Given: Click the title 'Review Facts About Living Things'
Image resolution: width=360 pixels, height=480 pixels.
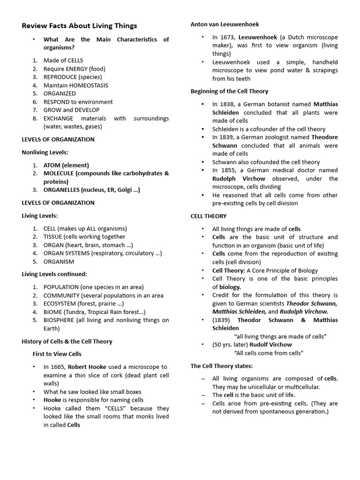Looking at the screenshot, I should (79, 26).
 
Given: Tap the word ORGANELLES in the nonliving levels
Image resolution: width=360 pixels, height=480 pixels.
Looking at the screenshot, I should (61, 190).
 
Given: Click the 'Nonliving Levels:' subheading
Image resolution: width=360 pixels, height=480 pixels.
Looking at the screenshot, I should (45, 152).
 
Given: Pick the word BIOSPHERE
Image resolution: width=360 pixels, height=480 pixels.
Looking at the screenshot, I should (60, 320).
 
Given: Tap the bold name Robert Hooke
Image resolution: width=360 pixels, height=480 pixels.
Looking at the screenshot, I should (87, 367).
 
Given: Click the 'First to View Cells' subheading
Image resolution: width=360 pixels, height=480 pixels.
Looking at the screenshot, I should (57, 354).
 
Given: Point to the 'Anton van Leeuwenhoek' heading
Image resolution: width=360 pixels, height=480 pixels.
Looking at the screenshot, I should (225, 24).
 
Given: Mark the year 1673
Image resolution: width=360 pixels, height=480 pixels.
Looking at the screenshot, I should (227, 37).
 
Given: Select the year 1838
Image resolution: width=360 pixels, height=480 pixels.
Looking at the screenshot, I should (227, 104).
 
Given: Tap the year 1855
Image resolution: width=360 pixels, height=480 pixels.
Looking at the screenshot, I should (227, 170).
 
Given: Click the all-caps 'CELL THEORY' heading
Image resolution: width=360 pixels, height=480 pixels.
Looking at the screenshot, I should (209, 216).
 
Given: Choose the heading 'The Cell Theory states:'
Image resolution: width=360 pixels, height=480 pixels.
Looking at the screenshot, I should (222, 366).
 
